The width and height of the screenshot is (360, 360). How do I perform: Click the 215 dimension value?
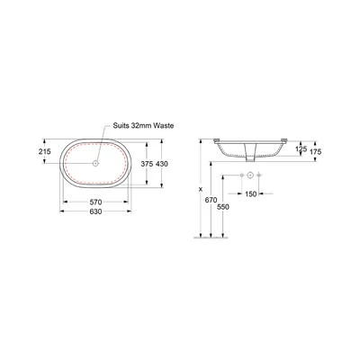[45, 151]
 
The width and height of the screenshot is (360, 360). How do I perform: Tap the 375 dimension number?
[147, 164]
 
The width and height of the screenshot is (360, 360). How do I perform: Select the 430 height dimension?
[162, 164]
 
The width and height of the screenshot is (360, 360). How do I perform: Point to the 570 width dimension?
[95, 202]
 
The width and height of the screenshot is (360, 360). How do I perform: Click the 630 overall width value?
[95, 211]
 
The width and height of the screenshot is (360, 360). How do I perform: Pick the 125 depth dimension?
[301, 148]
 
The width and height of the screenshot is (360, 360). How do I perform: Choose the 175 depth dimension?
[315, 152]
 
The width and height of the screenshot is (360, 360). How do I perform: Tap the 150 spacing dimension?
[251, 194]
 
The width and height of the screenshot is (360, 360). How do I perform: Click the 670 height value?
[211, 200]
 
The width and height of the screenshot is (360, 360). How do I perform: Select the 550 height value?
[223, 207]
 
